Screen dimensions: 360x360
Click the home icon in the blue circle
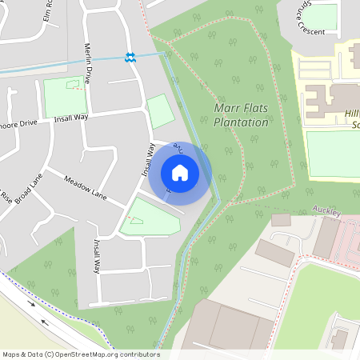180,173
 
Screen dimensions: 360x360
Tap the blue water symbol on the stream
130,57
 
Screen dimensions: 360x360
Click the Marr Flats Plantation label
242,115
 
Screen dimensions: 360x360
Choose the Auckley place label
327,214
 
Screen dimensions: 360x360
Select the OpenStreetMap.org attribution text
80,354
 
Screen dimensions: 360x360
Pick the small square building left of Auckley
281,219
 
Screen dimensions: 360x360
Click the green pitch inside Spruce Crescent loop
321,18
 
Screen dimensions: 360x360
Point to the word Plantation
242,122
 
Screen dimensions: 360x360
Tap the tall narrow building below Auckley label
326,238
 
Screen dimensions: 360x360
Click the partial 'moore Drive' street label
18,124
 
